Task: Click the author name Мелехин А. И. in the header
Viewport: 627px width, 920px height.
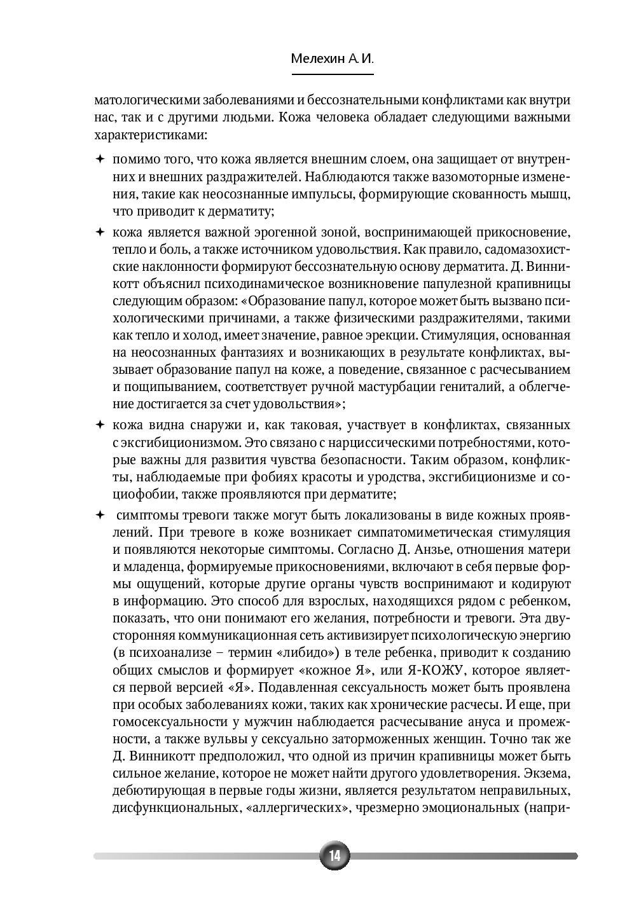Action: (332, 59)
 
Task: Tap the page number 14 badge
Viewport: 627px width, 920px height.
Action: (334, 856)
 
